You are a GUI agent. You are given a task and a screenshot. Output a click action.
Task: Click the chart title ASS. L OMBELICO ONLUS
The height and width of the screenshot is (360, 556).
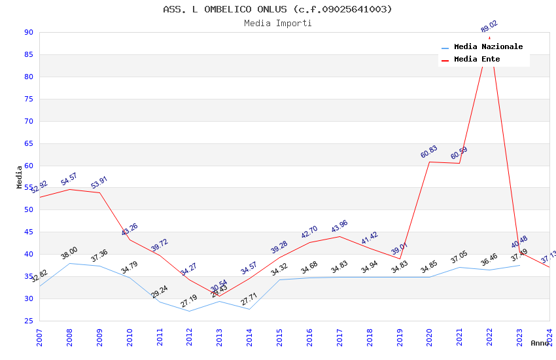(277, 9)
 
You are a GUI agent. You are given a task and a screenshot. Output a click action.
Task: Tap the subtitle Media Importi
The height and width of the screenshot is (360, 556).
(277, 24)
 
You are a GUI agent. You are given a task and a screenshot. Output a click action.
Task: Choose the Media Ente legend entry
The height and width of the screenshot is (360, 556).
(477, 60)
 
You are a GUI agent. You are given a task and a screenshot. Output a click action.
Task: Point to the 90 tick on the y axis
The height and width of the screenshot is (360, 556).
(28, 33)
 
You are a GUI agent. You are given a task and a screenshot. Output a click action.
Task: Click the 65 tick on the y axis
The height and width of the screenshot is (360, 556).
(28, 143)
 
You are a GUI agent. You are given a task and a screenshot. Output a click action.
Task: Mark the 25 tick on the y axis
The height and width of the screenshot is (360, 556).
(28, 321)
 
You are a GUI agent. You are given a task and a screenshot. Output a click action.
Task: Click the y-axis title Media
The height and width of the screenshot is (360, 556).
(19, 177)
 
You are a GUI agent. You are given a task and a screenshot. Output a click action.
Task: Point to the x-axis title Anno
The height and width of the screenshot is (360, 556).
(540, 343)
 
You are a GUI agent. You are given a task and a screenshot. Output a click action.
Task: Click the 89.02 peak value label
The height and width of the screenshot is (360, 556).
(489, 27)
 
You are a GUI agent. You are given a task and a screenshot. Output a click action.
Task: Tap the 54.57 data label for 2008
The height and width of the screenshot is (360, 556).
(69, 179)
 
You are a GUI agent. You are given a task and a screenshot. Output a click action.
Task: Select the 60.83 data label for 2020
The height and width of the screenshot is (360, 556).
(428, 152)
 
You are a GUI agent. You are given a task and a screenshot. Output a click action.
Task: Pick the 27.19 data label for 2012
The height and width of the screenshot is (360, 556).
(188, 301)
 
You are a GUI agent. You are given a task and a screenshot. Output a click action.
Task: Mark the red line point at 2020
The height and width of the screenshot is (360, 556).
(429, 162)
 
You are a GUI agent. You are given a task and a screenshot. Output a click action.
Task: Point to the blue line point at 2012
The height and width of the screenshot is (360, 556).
(189, 311)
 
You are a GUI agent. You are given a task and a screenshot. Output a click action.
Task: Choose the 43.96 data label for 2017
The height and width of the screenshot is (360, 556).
(339, 226)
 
